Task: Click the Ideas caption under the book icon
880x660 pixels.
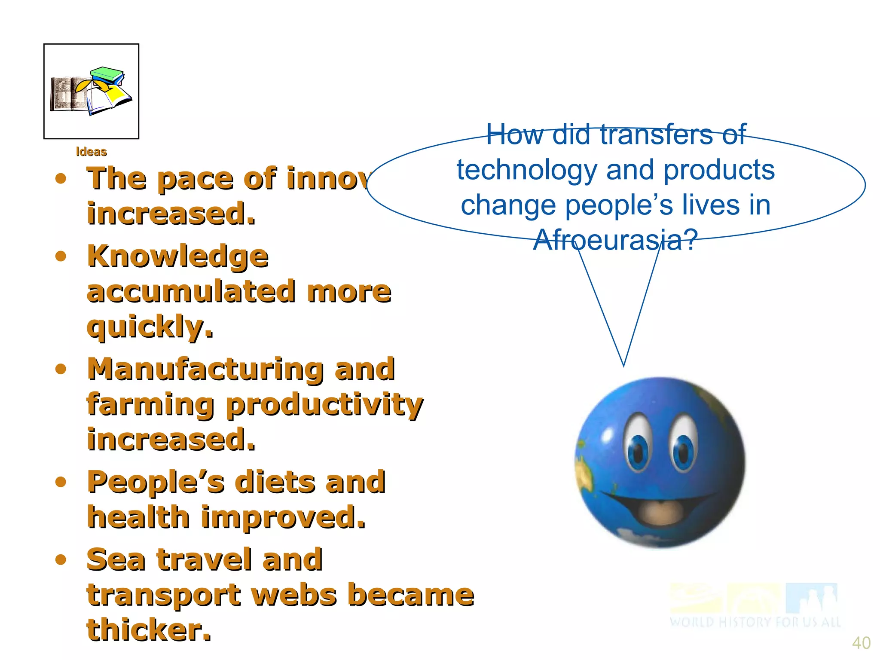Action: coord(91,152)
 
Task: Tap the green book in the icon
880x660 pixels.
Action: coord(107,73)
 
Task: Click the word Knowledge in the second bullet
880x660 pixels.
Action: coord(178,257)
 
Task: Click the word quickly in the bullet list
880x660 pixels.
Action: coord(150,327)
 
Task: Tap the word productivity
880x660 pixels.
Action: coord(324,405)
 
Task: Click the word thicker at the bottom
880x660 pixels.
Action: coord(149,630)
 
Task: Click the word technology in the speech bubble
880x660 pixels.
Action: coord(527,170)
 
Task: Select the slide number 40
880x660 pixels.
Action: coord(861,643)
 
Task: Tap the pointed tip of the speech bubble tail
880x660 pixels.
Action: coord(623,365)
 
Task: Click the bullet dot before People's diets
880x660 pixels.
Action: coord(61,482)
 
